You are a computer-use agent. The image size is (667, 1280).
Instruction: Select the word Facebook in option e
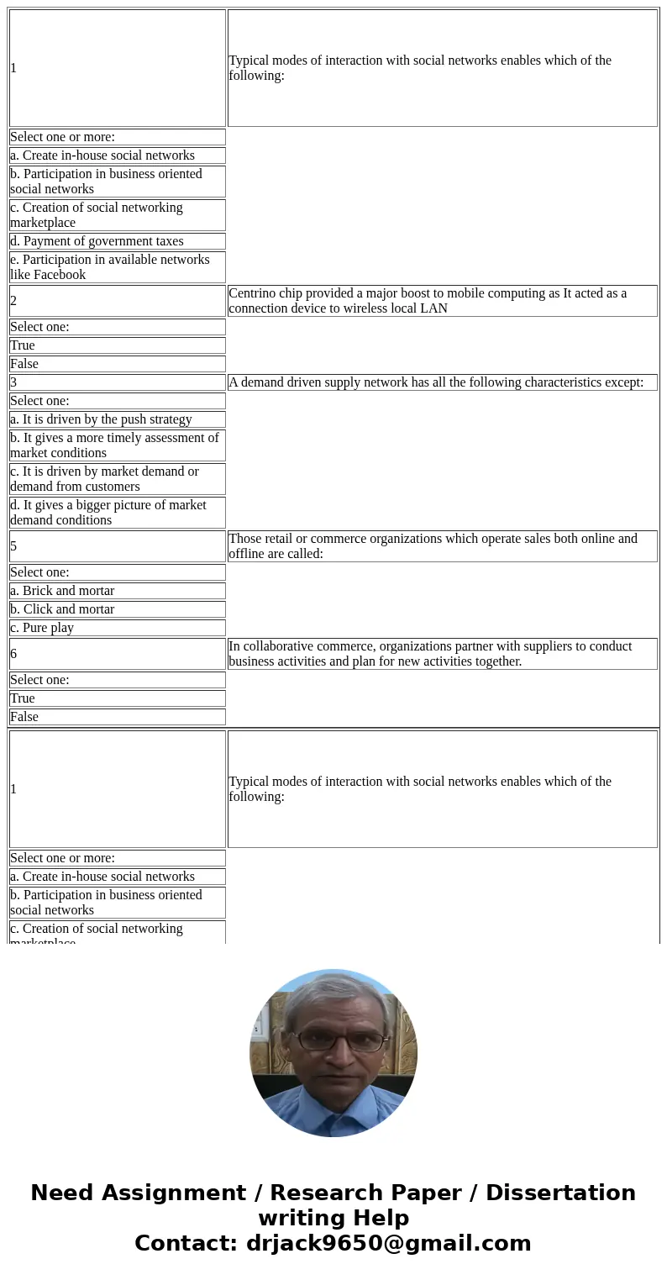point(60,275)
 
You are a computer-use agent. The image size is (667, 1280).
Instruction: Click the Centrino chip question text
point(428,301)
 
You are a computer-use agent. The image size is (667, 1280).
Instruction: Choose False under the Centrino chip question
point(24,364)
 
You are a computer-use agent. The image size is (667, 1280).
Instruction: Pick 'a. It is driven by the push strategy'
point(101,419)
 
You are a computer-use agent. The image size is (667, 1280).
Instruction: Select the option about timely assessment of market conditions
point(114,445)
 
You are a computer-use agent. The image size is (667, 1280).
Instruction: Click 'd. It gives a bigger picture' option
point(108,513)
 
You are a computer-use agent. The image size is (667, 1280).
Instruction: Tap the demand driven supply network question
point(436,382)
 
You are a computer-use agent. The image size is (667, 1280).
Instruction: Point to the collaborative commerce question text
point(430,654)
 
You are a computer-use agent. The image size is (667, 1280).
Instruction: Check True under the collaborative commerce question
point(23,698)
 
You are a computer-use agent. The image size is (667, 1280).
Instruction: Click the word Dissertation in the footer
point(560,1193)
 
